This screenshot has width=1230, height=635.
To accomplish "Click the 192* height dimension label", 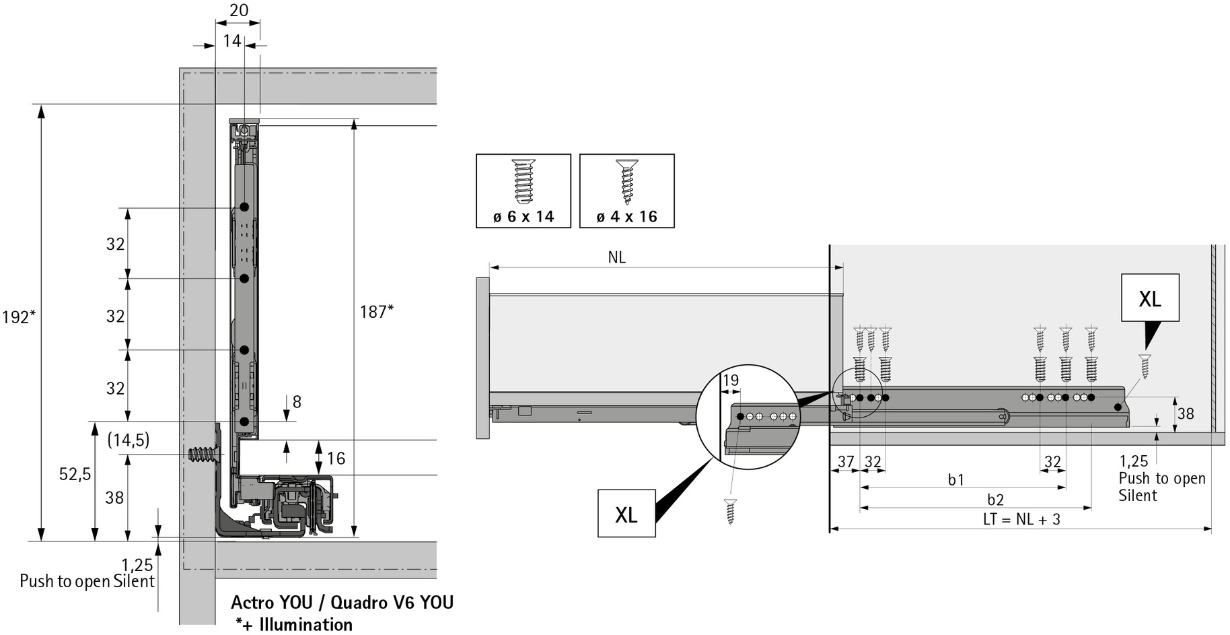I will pos(18,316).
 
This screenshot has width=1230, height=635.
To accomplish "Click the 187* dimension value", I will pos(376,311).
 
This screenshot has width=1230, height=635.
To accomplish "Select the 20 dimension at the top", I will pos(239,10).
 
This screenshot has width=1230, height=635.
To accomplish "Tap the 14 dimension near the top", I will pos(232,41).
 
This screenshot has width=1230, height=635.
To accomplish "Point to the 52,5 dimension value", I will pos(75,474).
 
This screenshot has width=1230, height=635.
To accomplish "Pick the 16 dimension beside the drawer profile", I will pos(336,459).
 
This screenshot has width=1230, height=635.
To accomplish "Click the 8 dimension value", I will pos(297,402).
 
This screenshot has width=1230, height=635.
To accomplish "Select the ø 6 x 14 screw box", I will pos(523,191).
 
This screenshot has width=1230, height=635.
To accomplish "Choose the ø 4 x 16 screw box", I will pos(626,191).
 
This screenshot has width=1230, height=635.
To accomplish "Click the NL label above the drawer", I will pos(616,257).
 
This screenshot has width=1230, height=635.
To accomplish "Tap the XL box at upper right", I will pos(1150,298).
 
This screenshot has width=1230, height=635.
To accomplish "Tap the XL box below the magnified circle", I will pos(626,514).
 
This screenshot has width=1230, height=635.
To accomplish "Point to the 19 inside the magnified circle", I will pos(731,380).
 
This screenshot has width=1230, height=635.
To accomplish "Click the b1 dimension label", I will pos(956,479).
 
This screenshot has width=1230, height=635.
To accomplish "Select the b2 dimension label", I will pos(995,500).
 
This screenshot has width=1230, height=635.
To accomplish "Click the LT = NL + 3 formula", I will pos(1021,519).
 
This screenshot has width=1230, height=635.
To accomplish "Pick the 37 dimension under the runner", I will pos(845,462).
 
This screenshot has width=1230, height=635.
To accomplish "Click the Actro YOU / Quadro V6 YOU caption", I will pos(342,602).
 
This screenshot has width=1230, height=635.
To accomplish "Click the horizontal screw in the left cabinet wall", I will pos(206,455).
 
